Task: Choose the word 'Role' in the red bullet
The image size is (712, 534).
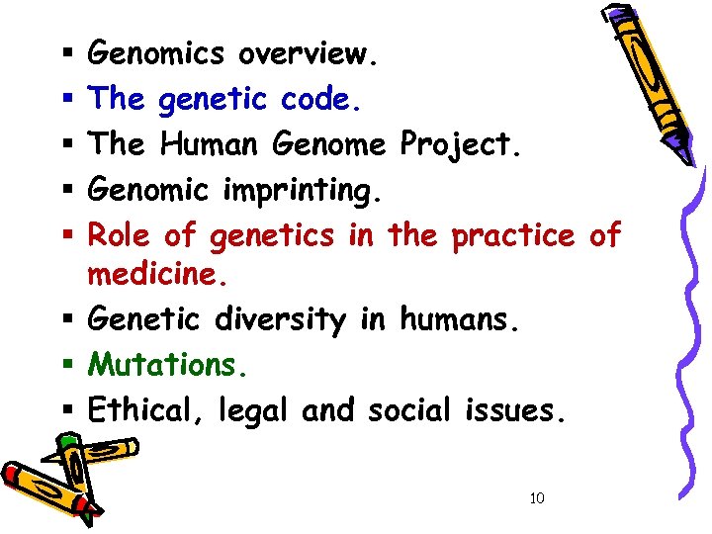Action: (x=120, y=234)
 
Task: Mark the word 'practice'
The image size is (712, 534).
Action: (x=511, y=234)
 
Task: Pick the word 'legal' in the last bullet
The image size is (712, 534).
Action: (x=247, y=410)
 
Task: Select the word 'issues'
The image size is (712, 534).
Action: (x=517, y=408)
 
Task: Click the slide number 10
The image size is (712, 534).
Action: (x=537, y=497)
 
